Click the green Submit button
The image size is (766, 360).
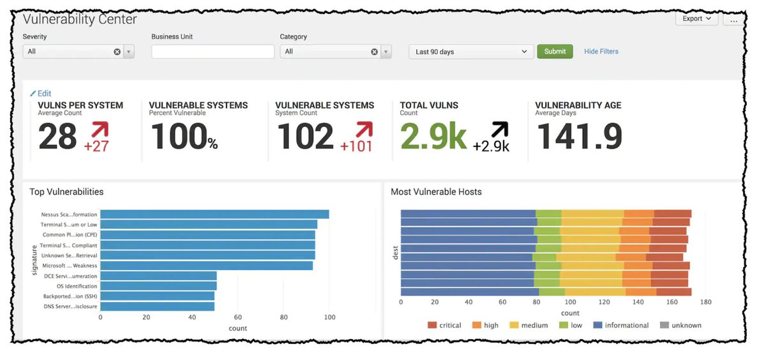click(x=555, y=52)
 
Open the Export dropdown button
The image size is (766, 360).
click(x=696, y=19)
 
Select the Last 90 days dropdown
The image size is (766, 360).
click(x=471, y=52)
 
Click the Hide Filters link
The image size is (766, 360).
click(x=601, y=52)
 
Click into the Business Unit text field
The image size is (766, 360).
click(x=213, y=52)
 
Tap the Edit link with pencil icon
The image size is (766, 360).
click(x=41, y=93)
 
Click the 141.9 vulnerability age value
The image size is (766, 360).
click(x=578, y=136)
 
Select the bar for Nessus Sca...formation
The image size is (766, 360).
click(x=214, y=214)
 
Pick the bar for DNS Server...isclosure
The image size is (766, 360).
click(x=157, y=306)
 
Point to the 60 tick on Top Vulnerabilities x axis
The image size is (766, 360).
click(x=238, y=317)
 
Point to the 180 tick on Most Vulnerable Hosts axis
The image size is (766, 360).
click(x=705, y=303)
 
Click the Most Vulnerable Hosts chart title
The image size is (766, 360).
click(x=436, y=192)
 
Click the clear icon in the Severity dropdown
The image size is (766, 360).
click(x=117, y=52)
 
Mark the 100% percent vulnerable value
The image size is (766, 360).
click(x=184, y=136)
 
